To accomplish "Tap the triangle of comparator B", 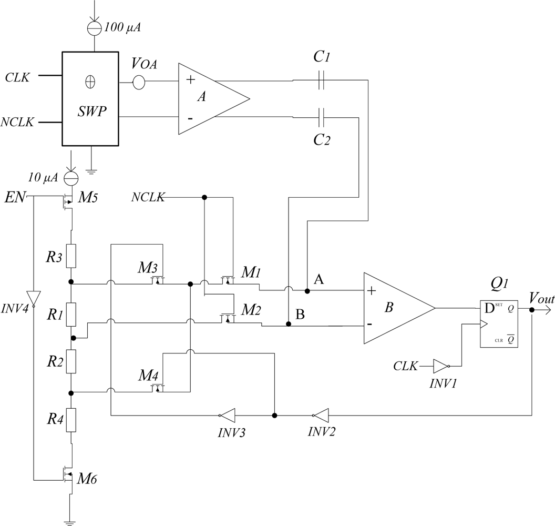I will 394,308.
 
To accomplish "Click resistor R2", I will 70,363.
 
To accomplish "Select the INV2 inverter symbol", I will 321,415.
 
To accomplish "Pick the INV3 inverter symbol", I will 227,415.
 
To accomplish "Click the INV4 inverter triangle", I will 33,297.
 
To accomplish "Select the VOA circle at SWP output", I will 139,82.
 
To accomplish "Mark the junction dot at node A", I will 307,290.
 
